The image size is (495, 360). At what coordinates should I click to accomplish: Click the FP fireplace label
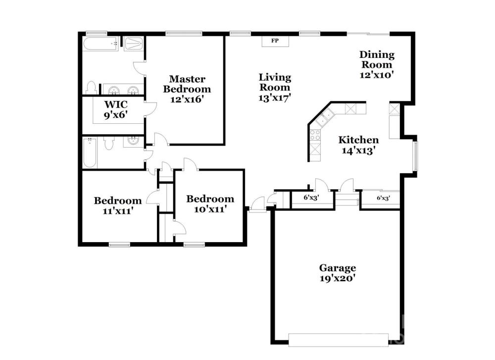pos(275,41)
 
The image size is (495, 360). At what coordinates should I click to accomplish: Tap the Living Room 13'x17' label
pos(275,87)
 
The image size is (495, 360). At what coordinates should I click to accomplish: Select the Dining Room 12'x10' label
pos(377,64)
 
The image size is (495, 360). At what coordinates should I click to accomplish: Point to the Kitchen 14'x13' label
pos(358,145)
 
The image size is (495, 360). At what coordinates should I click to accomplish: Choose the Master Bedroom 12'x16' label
pos(187,89)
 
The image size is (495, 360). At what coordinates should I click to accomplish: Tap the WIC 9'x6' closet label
pos(116,109)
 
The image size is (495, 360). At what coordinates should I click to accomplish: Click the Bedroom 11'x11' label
pos(118,206)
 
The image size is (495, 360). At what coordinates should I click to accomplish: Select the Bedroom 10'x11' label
pos(210,204)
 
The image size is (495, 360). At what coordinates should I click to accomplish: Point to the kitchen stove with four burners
pos(315,135)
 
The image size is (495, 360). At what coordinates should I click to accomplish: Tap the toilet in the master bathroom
pos(91,88)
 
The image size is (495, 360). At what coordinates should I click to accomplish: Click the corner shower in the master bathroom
pos(134,44)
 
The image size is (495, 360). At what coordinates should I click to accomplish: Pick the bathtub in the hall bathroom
pos(90,153)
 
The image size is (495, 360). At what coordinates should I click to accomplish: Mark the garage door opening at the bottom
pos(339,340)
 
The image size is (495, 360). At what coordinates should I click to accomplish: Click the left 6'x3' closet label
pos(311,198)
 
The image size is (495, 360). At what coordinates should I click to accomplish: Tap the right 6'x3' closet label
pos(384,198)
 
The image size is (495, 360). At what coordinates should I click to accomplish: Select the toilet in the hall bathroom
pos(109,144)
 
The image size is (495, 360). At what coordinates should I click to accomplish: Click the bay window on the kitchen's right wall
pos(415,156)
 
